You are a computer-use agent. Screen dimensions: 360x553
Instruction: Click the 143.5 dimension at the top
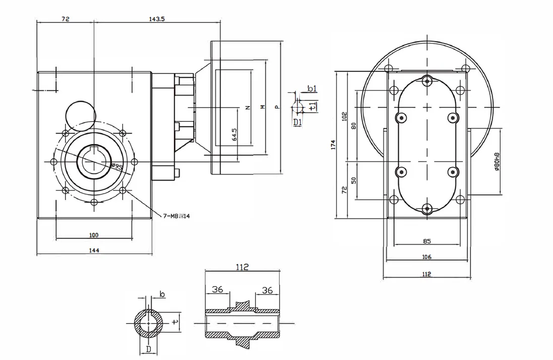[x=157, y=19]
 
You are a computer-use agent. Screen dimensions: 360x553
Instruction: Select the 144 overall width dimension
[x=94, y=250]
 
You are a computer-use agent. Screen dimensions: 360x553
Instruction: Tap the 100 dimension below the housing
[x=94, y=235]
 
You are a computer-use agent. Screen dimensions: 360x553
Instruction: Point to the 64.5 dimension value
[x=234, y=136]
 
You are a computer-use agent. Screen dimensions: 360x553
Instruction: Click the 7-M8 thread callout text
[x=176, y=216]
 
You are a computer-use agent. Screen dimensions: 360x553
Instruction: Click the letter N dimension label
[x=247, y=108]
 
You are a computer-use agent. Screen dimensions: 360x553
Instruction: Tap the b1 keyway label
[x=312, y=89]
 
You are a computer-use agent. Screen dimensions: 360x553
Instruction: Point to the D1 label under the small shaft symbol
[x=297, y=122]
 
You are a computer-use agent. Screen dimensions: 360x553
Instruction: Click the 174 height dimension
[x=333, y=145]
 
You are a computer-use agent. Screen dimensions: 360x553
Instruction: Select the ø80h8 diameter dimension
[x=497, y=162]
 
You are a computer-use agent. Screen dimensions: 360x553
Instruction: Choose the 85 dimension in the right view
[x=427, y=241]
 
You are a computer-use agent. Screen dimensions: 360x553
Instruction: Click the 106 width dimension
[x=427, y=257]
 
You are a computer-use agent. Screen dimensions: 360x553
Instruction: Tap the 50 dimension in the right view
[x=353, y=180]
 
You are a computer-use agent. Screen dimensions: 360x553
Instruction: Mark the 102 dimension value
[x=345, y=116]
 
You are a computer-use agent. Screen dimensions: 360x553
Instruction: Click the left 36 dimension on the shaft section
[x=217, y=290]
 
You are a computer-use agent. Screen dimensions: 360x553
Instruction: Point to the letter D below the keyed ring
[x=148, y=348]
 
